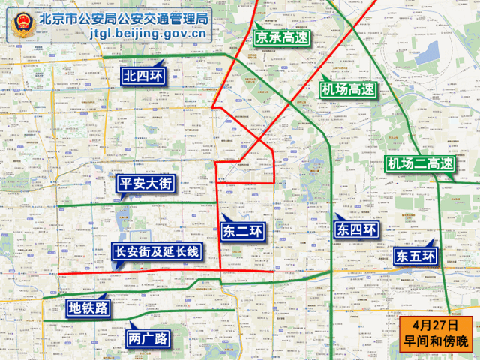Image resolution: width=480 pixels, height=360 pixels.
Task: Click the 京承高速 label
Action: [281, 37]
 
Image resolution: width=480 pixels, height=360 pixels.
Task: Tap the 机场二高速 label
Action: [420, 163]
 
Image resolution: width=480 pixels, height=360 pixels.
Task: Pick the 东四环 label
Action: [356, 229]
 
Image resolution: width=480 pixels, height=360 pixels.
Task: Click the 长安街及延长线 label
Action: [156, 251]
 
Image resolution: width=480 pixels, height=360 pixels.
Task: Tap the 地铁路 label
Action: [88, 307]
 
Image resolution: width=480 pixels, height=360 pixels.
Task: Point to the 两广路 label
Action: [148, 338]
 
